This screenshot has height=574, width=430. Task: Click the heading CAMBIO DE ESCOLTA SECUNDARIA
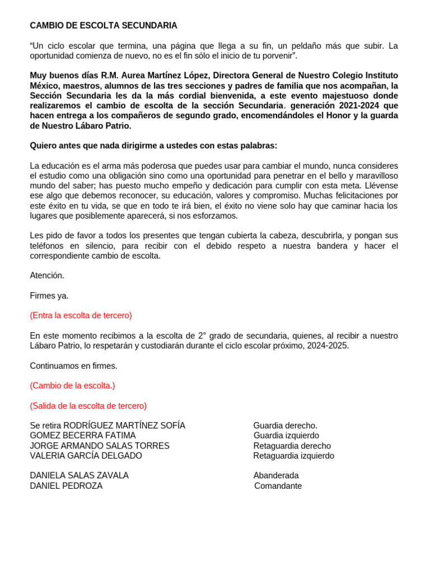tap(103, 26)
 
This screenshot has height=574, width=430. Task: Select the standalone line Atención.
tap(47, 276)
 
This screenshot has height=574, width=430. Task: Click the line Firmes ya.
tap(49, 296)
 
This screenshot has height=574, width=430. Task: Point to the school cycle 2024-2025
tap(327, 346)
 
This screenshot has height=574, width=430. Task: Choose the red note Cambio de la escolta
tap(72, 386)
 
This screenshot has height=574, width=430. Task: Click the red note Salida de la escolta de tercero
tap(88, 406)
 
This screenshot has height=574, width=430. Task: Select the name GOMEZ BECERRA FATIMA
tap(82, 436)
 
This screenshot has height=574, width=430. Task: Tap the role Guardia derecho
tap(285, 425)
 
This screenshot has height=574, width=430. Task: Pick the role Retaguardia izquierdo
tap(293, 456)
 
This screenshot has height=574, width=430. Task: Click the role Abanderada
tap(276, 475)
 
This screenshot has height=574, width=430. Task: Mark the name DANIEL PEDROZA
tap(66, 486)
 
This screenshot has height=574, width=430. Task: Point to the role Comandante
tap(278, 486)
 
